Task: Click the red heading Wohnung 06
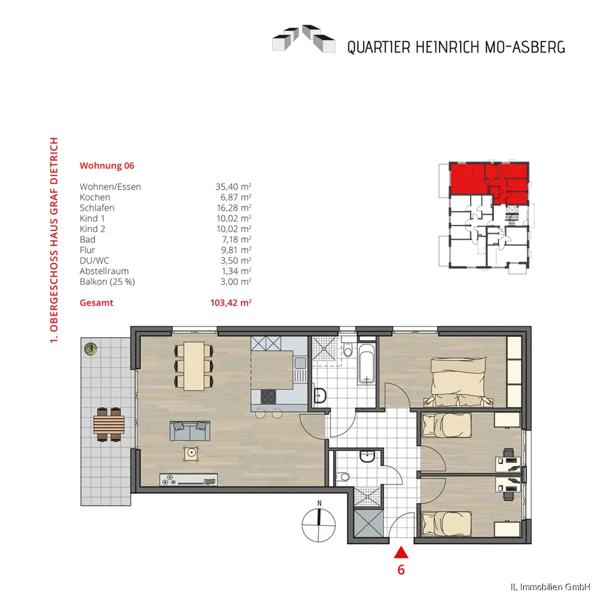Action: [x=107, y=166]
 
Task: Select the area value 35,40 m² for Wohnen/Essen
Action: [x=233, y=187]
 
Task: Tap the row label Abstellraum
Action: [x=104, y=271]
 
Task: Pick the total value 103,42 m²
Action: [x=231, y=303]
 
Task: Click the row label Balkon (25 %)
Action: [x=107, y=282]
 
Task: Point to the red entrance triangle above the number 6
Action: [x=401, y=552]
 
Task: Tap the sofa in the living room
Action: [x=190, y=431]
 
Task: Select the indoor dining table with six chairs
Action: [x=194, y=366]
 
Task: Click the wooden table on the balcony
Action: [x=109, y=425]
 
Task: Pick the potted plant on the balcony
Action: [x=91, y=349]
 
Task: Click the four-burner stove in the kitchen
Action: [x=269, y=396]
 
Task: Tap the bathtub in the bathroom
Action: [x=367, y=364]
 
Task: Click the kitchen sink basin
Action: [x=301, y=363]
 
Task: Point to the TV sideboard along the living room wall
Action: [x=189, y=480]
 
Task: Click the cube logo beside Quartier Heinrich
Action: [x=304, y=38]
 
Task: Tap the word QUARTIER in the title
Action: [x=379, y=47]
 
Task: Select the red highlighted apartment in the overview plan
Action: [x=489, y=182]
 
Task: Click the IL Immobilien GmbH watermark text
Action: [x=553, y=587]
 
